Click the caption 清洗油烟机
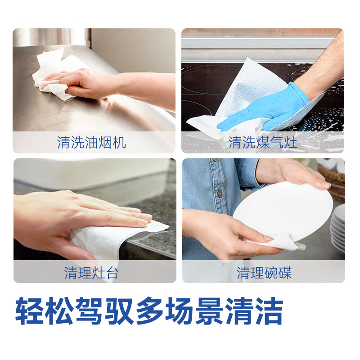[x=91, y=143]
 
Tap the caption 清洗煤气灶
[x=263, y=143]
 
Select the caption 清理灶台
[x=91, y=272]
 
